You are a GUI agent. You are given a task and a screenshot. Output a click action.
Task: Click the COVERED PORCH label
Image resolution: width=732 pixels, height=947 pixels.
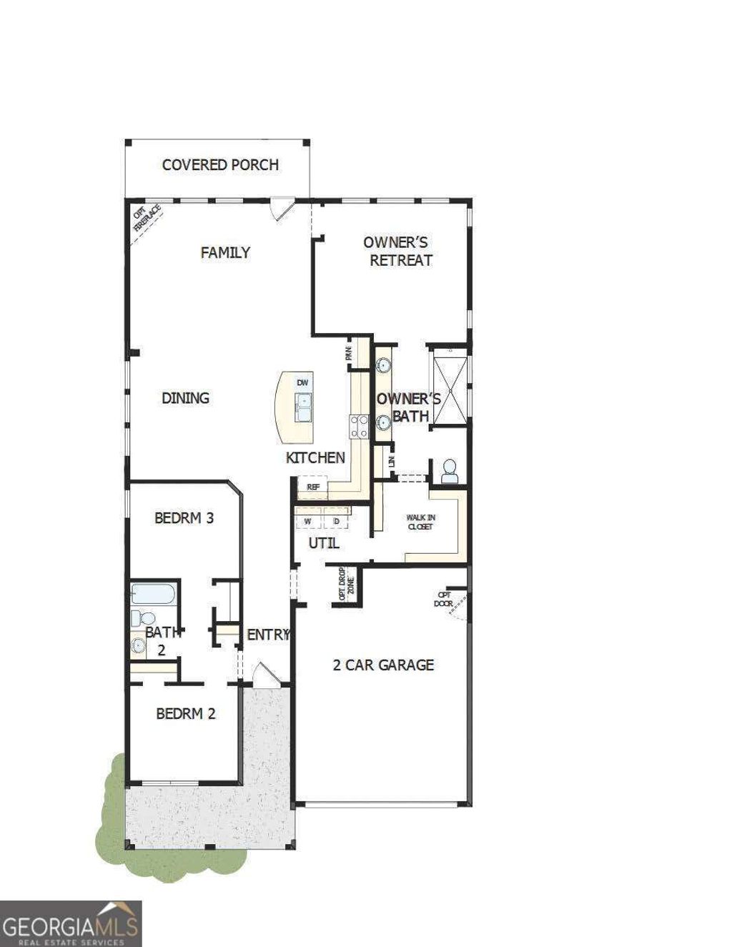click(x=220, y=165)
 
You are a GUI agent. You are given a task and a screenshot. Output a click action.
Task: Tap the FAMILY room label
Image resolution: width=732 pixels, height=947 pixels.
click(x=225, y=252)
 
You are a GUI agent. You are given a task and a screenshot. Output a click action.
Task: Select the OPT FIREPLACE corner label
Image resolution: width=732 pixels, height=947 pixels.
click(x=147, y=218)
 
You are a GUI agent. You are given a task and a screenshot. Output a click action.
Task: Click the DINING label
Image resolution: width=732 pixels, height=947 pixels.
click(x=185, y=398)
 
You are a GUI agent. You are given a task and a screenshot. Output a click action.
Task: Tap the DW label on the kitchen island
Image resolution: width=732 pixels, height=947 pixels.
click(x=303, y=383)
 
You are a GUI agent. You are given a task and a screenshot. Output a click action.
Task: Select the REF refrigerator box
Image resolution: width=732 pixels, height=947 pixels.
click(x=313, y=487)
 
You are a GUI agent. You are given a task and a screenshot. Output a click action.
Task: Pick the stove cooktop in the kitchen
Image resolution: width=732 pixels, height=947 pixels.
click(x=358, y=426)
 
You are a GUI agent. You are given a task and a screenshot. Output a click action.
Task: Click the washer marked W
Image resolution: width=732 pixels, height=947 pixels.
click(x=307, y=521)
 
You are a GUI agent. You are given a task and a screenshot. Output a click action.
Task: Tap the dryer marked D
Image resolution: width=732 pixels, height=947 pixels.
click(x=336, y=521)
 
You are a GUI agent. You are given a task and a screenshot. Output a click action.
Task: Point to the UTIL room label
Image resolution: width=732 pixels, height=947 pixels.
click(x=324, y=544)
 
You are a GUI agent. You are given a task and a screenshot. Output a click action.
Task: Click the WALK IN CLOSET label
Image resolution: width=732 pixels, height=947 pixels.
click(x=420, y=522)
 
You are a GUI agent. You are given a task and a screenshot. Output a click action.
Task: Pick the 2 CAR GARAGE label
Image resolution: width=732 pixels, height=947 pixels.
click(x=383, y=665)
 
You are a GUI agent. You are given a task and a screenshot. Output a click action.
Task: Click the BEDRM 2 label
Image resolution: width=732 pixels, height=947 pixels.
click(x=186, y=713)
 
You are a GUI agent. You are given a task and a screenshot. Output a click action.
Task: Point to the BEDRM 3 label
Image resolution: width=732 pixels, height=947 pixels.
click(x=184, y=517)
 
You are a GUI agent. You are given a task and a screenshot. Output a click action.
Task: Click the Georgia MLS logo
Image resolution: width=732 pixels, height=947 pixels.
click(x=70, y=923)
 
